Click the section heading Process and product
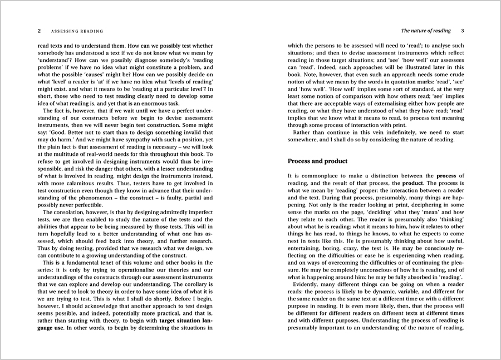click(317, 161)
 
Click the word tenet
click(102, 263)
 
